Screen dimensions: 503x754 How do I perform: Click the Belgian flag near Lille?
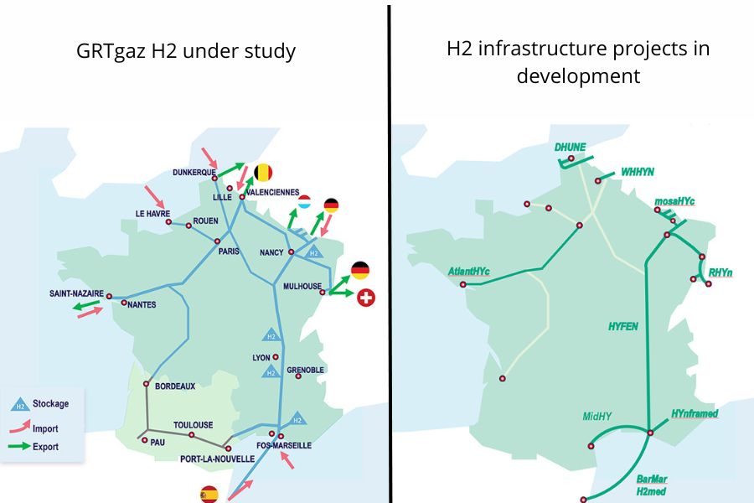(263, 173)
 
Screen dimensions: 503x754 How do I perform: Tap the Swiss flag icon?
(366, 297)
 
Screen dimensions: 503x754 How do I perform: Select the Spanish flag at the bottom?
(209, 495)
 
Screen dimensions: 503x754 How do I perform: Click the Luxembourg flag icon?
(305, 202)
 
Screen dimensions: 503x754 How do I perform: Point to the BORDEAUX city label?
(175, 386)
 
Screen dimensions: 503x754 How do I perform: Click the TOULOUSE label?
(193, 425)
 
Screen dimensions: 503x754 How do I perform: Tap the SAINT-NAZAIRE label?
(76, 293)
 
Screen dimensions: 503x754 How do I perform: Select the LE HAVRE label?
(153, 214)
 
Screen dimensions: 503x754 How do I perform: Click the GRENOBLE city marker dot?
(297, 376)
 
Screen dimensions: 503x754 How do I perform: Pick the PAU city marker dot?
(145, 440)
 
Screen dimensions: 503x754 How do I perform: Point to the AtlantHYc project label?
(469, 271)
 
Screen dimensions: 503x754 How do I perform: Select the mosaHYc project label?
(675, 201)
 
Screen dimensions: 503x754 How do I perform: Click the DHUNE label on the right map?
(570, 147)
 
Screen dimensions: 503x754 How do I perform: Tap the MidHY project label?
(599, 416)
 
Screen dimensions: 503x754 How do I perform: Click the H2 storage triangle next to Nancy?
(314, 252)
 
